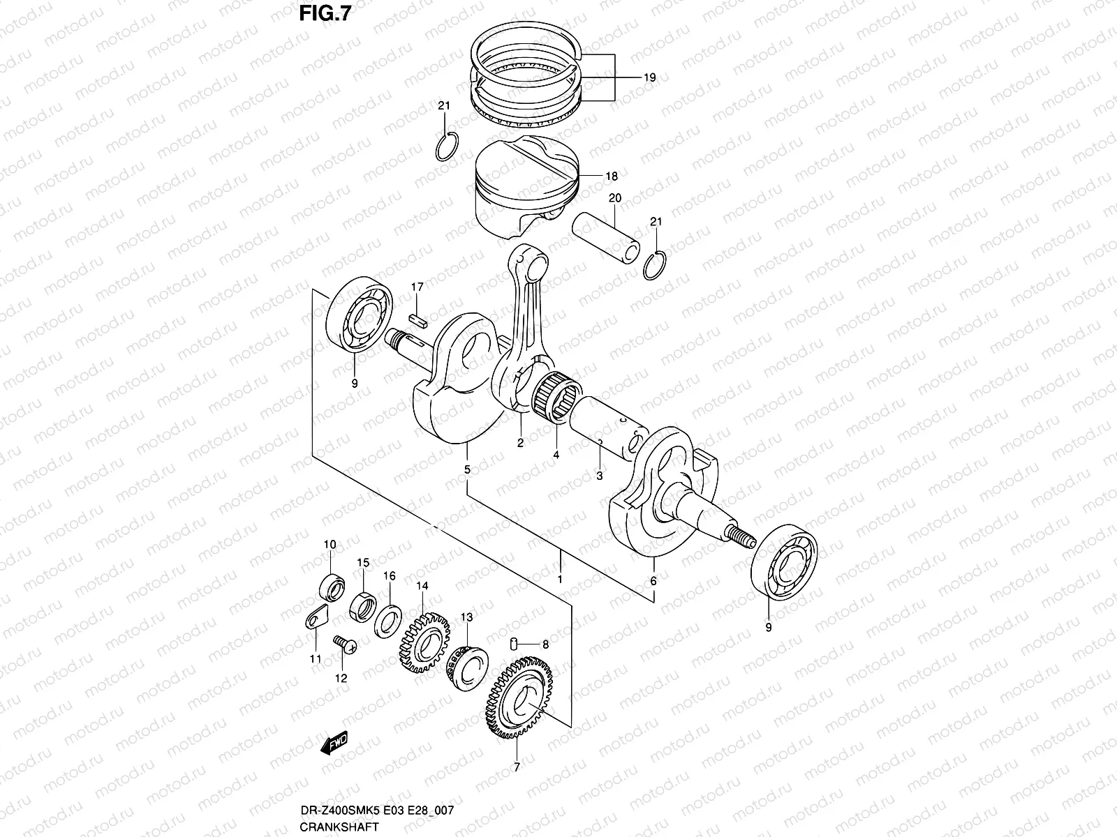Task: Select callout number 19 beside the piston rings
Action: pyautogui.click(x=649, y=78)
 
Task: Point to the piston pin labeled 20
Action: pyautogui.click(x=605, y=237)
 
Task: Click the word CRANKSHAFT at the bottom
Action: pyautogui.click(x=339, y=827)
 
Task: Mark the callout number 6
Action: pyautogui.click(x=653, y=580)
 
